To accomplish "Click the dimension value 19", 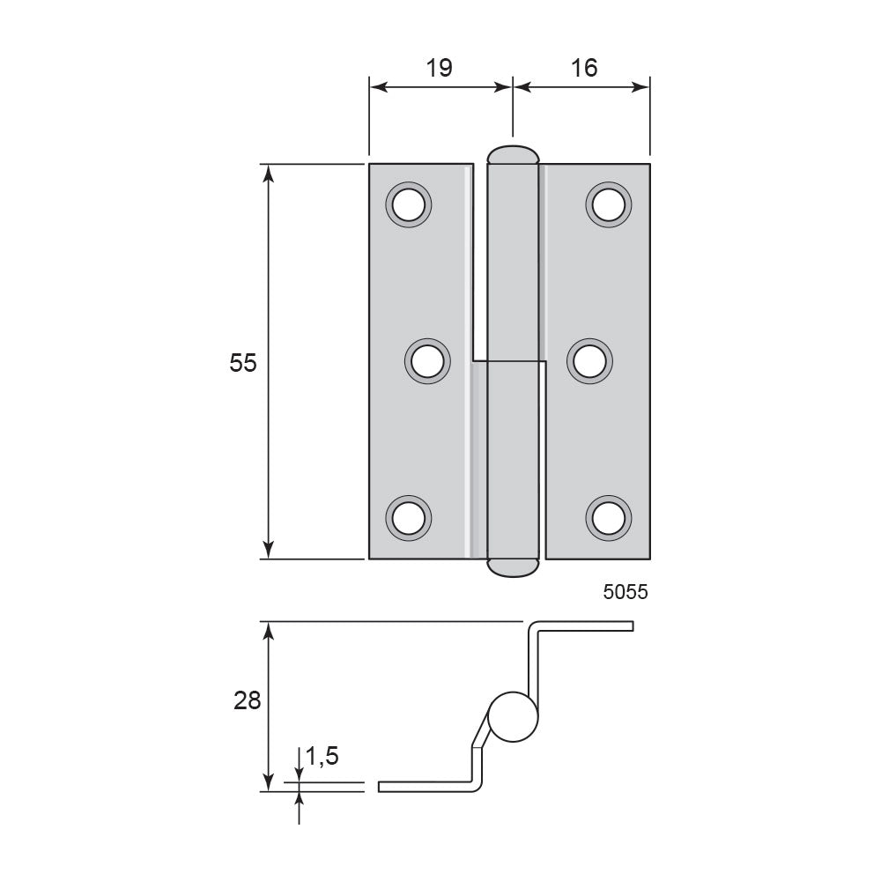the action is click(439, 68).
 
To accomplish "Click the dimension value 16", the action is click(584, 68).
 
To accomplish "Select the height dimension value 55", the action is click(243, 362).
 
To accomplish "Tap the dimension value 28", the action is click(248, 700).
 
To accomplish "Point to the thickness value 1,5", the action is click(322, 756).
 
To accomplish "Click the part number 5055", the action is click(626, 592).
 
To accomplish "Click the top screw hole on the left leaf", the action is click(409, 204).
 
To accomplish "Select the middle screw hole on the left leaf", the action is click(427, 361).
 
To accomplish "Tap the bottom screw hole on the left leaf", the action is click(409, 518).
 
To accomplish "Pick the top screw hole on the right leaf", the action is click(609, 204).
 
